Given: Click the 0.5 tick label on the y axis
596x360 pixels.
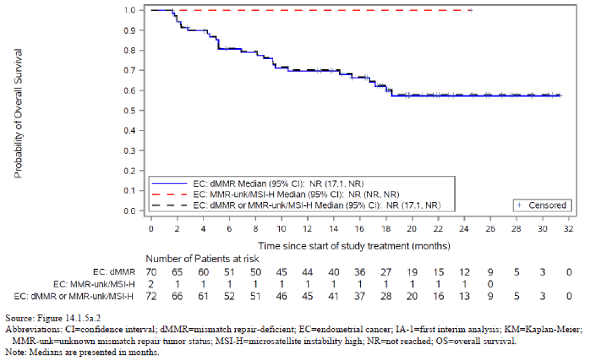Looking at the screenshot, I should (130, 111).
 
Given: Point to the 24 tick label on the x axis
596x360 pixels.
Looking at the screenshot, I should (464, 229).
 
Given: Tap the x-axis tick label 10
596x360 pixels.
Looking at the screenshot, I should (281, 229).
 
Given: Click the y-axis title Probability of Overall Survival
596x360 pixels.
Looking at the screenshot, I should (18, 113).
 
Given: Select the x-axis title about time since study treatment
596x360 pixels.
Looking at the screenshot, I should (354, 246).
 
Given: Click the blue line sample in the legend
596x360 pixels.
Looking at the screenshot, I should (169, 184).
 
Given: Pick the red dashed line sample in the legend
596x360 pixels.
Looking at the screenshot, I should (169, 195).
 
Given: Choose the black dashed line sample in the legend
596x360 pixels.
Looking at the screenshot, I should (169, 205).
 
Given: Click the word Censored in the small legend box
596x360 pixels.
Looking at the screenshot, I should (547, 205).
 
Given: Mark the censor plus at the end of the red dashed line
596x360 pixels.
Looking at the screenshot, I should (471, 10).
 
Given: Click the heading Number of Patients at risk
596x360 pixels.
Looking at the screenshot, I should (202, 259).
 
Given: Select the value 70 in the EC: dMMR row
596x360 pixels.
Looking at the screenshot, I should (151, 272).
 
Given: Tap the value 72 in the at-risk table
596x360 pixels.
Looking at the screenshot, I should (151, 296).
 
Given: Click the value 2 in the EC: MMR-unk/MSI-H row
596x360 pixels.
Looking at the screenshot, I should (151, 284).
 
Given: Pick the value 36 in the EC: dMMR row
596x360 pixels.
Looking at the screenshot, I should (360, 272).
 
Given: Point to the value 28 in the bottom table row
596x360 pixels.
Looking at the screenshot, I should (386, 296).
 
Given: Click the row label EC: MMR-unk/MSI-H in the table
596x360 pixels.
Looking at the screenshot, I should (94, 284).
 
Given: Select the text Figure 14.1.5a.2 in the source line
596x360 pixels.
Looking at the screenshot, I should (69, 318).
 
